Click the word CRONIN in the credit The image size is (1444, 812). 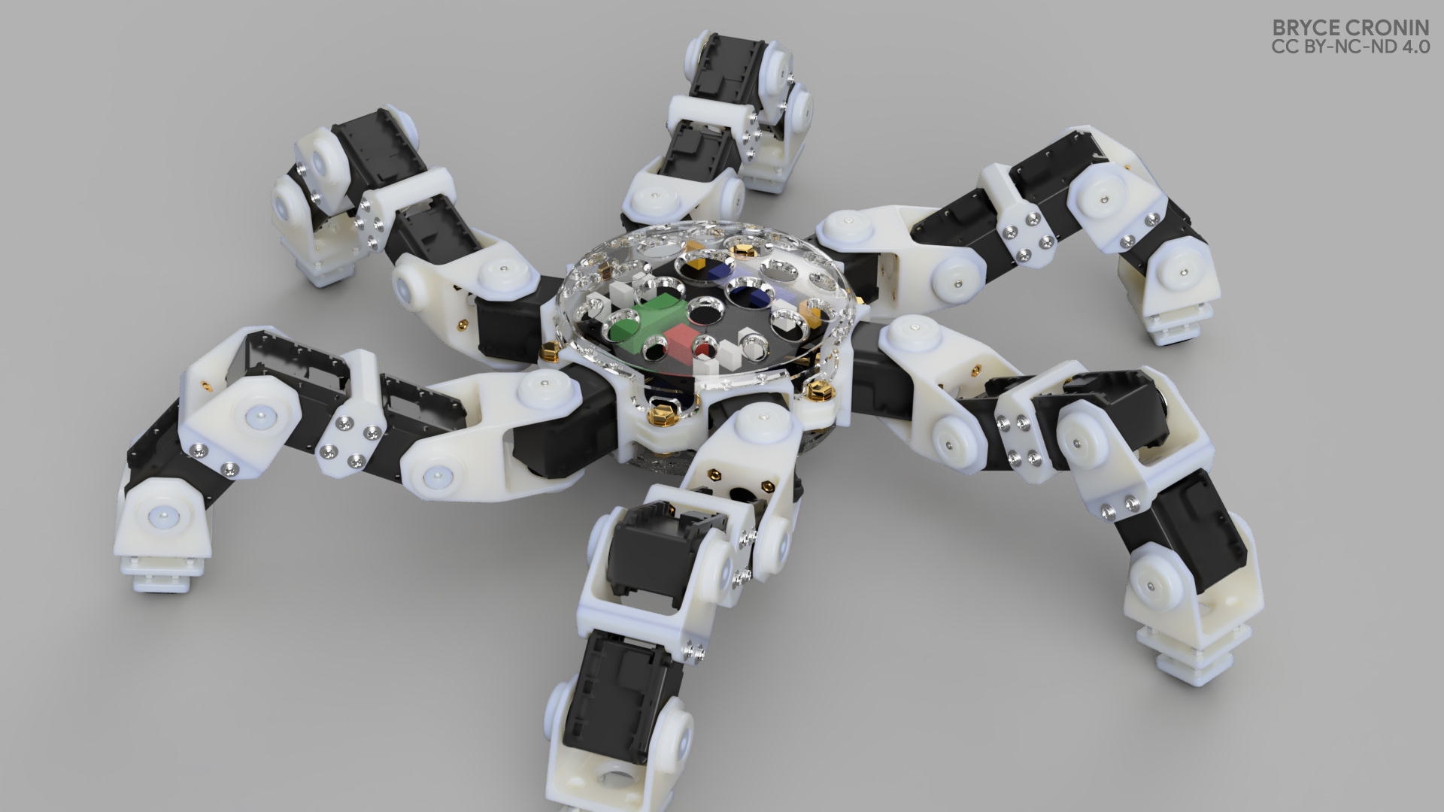[1390, 29]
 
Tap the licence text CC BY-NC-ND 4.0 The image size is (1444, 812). [1350, 48]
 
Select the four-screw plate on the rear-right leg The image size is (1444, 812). [1027, 233]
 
